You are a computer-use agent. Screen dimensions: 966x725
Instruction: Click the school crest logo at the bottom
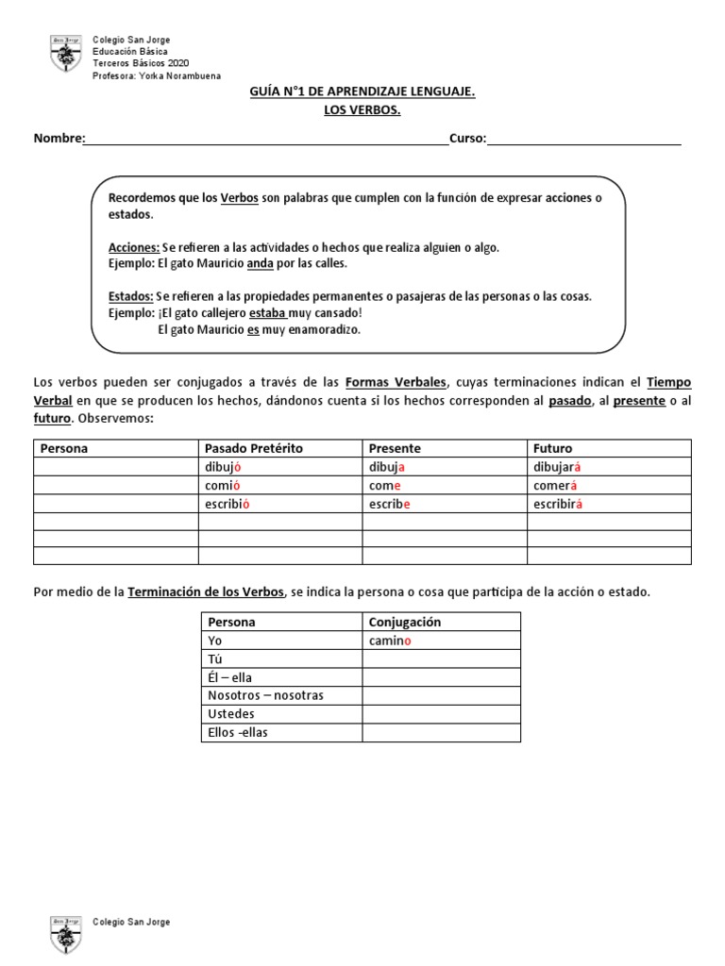click(64, 933)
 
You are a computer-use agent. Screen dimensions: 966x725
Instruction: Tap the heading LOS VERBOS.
click(362, 110)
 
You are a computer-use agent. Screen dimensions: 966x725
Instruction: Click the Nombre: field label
click(59, 139)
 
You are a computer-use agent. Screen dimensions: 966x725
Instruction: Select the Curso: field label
click(467, 139)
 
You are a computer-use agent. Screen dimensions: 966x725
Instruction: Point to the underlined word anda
click(261, 263)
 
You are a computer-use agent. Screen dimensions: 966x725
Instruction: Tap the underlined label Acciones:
click(134, 247)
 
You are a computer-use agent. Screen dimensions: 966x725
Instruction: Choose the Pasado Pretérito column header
click(253, 448)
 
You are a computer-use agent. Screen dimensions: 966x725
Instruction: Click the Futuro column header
click(552, 448)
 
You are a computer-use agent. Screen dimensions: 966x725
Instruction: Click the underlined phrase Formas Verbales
click(396, 382)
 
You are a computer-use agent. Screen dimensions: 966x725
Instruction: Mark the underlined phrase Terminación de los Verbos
click(206, 591)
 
